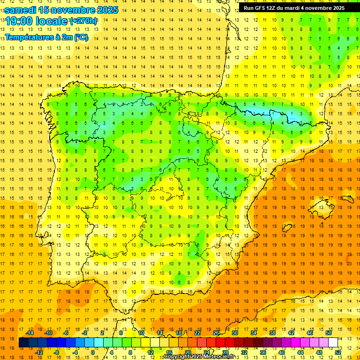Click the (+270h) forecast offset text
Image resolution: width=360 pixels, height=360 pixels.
pyautogui.click(x=83, y=21)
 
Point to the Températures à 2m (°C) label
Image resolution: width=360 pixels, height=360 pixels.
pyautogui.click(x=46, y=37)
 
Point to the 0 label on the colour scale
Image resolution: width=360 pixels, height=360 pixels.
pyautogui.click(x=93, y=352)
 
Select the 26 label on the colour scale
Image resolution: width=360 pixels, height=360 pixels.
pyautogui.click(x=216, y=333)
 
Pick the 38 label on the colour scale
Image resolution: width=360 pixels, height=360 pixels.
pyautogui.click(x=272, y=333)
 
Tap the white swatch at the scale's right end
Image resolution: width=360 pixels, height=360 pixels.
pyautogui.click(x=333, y=343)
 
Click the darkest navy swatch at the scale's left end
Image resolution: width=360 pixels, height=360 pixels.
pyautogui.click(x=23, y=343)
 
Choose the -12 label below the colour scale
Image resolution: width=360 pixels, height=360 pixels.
pyautogui.click(x=39, y=352)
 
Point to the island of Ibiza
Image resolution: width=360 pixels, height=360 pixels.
pyautogui.click(x=287, y=228)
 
